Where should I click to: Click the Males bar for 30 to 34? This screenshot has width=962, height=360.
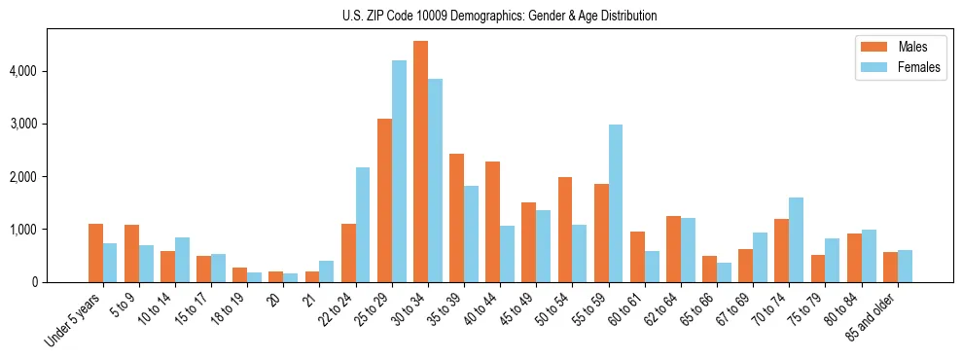pos(420,162)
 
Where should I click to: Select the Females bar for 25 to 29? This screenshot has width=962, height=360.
pos(399,171)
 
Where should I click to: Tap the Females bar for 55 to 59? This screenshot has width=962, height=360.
pos(616,203)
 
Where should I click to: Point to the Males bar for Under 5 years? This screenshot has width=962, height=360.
pos(95,253)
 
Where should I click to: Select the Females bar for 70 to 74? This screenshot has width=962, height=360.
pos(796,239)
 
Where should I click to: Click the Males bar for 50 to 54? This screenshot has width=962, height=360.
pos(565,230)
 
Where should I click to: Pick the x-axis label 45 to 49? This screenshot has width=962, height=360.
pos(517,310)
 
